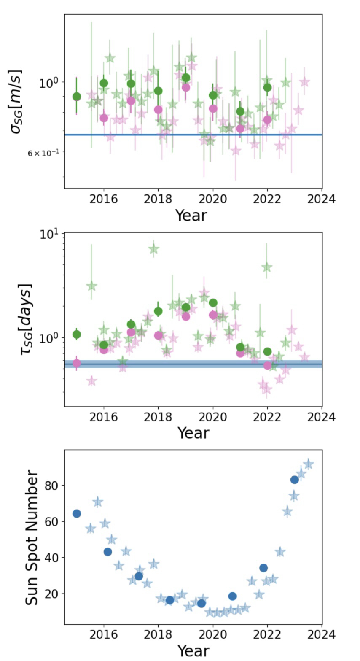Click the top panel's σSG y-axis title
pos(17,101)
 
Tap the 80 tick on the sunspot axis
pos(53,485)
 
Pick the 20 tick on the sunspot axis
pos(53,594)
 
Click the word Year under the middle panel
pos(193,433)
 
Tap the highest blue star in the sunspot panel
pos(308,464)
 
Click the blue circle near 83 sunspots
pos(294,480)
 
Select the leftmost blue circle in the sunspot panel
pos(77,513)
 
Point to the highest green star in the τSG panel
pos(154,249)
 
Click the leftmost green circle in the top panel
pos(77,97)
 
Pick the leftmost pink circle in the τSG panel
pos(77,363)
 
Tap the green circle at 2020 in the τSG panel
pos(213,302)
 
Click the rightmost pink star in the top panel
pos(304,82)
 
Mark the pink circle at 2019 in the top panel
pos(186,87)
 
